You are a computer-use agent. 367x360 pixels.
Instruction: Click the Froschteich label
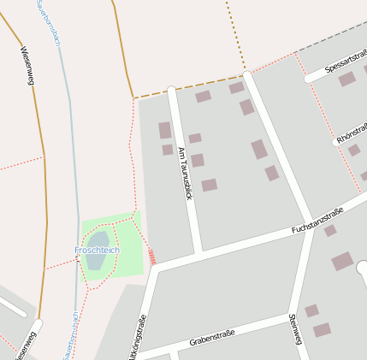97,250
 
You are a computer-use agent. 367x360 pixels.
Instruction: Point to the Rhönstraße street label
352,132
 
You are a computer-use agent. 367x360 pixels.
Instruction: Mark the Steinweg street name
295,329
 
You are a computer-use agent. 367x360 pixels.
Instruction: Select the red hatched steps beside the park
151,257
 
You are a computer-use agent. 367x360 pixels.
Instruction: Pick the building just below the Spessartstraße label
346,80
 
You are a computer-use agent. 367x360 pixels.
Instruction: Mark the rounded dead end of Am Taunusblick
171,89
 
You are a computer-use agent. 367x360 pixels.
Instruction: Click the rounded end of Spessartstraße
309,79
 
